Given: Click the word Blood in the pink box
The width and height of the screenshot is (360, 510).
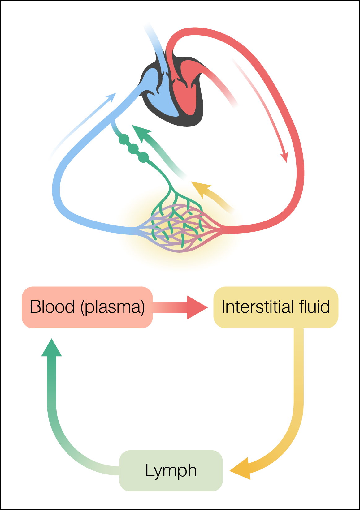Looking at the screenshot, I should tap(52, 307).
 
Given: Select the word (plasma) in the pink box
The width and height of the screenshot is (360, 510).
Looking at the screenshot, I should tap(113, 307).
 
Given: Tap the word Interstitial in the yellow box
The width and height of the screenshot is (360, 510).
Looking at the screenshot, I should tap(258, 307).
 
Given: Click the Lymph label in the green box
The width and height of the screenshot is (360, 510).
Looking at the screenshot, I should tap(171, 471).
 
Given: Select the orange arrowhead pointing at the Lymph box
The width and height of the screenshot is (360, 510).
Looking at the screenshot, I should tap(241, 469).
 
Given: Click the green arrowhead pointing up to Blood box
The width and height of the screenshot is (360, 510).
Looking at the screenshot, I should tap(52, 348).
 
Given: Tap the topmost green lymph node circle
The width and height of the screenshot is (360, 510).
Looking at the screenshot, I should tap(124, 139).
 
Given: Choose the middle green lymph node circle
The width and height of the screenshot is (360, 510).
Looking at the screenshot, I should tap(133, 149).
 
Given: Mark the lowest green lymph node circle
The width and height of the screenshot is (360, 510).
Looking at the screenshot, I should tap(143, 157).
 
